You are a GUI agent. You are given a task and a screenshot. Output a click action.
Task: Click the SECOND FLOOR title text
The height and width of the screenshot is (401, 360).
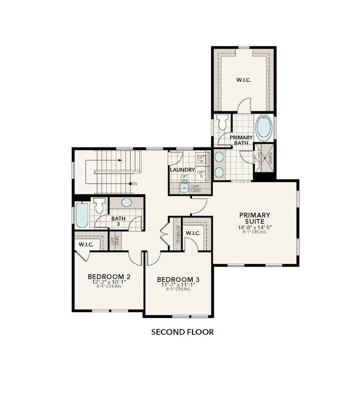coord(182,332)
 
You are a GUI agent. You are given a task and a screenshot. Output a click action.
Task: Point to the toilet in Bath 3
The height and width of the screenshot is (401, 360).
coord(99,205)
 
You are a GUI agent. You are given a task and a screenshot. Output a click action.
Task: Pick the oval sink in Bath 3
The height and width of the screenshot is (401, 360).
coord(126,203)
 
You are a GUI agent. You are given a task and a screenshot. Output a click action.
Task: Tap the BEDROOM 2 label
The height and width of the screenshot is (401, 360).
coord(109,277)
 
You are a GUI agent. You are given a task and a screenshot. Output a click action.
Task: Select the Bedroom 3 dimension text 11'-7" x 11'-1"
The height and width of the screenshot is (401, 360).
coord(178,285)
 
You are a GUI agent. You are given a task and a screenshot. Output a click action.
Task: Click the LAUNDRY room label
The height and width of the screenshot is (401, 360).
coord(182,170)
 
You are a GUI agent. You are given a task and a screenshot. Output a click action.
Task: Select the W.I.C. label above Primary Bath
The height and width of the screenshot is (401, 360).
coord(243,80)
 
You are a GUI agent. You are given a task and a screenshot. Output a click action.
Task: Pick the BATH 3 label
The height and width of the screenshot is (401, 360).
coord(118,221)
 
